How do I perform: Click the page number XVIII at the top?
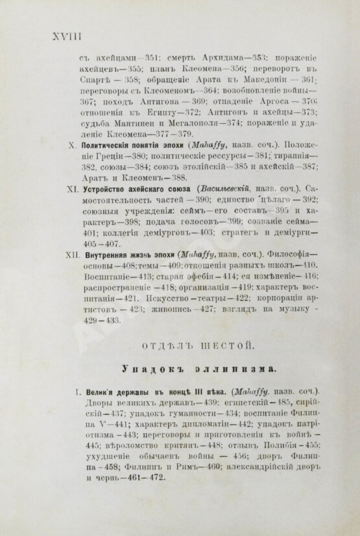(x=56, y=36)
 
